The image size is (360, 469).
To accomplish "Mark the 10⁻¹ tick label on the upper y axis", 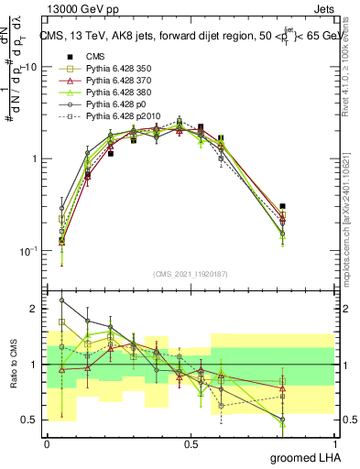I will click(x=29, y=251).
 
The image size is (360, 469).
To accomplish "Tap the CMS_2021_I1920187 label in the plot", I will click(x=189, y=274).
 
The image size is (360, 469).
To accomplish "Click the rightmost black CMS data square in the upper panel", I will click(x=283, y=207).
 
